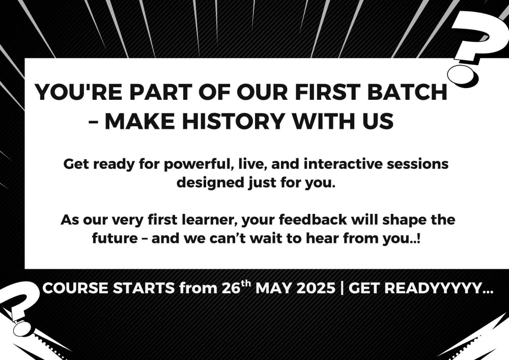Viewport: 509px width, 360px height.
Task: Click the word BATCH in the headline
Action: pyautogui.click(x=407, y=92)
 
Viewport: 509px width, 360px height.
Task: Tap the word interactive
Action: pyautogui.click(x=343, y=164)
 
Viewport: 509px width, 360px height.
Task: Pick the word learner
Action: pyautogui.click(x=212, y=220)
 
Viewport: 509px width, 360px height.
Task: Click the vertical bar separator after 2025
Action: pyautogui.click(x=342, y=288)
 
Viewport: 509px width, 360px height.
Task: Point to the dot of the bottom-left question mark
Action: pyautogui.click(x=21, y=328)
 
